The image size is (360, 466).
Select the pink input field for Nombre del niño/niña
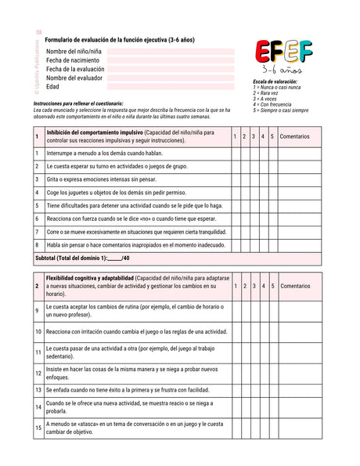[x=171, y=52]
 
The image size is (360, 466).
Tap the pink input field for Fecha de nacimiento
[x=171, y=60]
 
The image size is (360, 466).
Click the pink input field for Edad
[x=171, y=87]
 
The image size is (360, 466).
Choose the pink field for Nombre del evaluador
[x=171, y=78]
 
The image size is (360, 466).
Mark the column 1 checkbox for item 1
[x=236, y=153]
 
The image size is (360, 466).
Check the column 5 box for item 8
[x=272, y=245]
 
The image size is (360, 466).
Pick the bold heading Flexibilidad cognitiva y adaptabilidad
[x=89, y=278]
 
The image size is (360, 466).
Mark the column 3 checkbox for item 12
[x=254, y=370]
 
